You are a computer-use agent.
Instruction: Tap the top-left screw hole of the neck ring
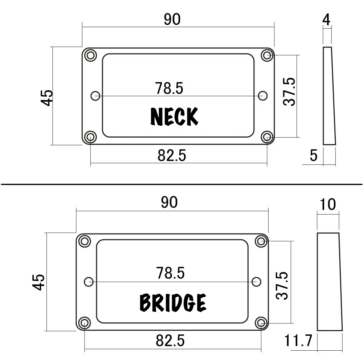click(x=90, y=56)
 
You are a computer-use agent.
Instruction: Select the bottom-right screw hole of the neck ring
click(x=267, y=137)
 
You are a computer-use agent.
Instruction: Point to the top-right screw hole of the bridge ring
click(x=261, y=241)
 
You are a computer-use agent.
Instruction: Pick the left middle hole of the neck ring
click(x=95, y=96)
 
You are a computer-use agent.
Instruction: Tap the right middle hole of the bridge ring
click(x=256, y=281)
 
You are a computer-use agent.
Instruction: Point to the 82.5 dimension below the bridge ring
click(x=170, y=341)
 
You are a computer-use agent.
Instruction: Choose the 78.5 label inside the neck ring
click(x=169, y=88)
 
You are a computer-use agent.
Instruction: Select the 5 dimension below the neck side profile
click(x=314, y=155)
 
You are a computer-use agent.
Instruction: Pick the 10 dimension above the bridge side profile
click(x=328, y=205)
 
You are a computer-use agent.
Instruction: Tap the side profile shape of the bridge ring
click(x=329, y=282)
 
